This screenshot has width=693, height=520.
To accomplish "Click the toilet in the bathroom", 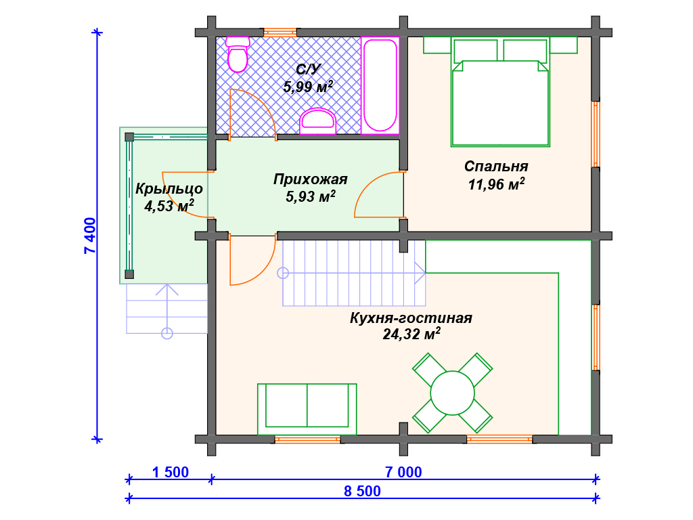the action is click(238, 54).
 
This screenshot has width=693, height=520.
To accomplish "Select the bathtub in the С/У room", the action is click(380, 85).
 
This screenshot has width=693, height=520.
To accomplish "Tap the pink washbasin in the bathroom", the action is click(318, 121).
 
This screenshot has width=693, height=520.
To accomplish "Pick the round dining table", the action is click(453, 393).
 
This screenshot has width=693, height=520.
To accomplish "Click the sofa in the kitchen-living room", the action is click(307, 409).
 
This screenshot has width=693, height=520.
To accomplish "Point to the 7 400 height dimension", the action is click(90, 235).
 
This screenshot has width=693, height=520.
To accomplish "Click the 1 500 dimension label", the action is click(171, 472).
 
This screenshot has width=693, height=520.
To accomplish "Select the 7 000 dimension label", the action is click(403, 472).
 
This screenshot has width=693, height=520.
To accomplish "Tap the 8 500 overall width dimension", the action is click(363, 492).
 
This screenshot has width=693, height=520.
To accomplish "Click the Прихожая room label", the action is click(310, 179).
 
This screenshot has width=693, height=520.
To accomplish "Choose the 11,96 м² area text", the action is click(496, 184).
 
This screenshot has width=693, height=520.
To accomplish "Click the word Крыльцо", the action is click(169, 189).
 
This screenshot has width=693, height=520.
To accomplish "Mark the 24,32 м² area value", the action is click(411, 334).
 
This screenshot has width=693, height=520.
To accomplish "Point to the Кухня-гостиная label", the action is click(411, 318).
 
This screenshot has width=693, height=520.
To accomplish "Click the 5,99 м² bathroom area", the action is click(308, 87).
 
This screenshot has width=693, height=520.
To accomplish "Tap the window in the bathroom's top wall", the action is click(280, 32).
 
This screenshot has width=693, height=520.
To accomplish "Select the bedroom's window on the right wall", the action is click(596, 135).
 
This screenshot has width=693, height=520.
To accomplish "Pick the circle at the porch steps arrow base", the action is click(167, 333).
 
